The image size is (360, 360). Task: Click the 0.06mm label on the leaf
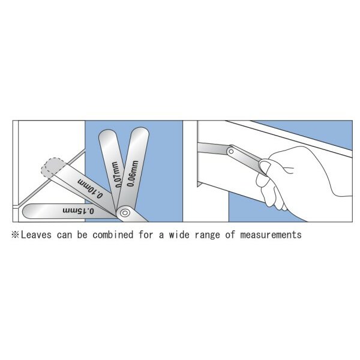[x=133, y=173]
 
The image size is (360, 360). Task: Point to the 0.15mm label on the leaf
[x=78, y=211]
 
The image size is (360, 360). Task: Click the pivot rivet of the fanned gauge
[x=125, y=213]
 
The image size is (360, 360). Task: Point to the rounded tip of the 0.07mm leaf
[x=108, y=135]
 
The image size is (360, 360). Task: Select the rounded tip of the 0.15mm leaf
[x=27, y=211]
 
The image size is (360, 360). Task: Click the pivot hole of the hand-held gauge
[x=232, y=152]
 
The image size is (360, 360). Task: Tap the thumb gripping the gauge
[x=265, y=167]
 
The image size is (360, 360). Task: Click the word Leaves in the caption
[x=36, y=235]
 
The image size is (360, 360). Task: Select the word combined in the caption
[x=113, y=235]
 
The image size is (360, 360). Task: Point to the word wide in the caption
[x=179, y=235]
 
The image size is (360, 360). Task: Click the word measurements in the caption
[x=271, y=235]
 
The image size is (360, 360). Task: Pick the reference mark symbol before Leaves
[x=16, y=235]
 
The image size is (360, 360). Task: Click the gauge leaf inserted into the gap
[x=213, y=148]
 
